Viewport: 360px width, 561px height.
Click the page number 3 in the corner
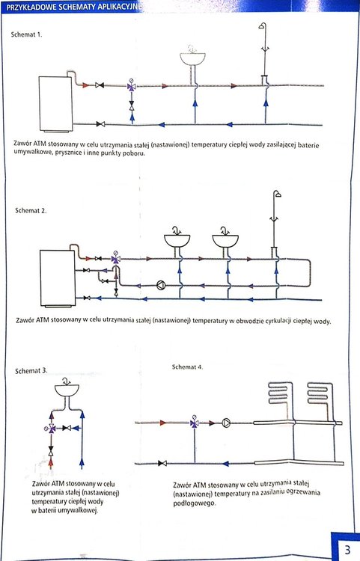coord(347,549)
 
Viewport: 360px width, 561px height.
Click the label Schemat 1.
coord(26,34)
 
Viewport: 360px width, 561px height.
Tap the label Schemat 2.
coord(31,210)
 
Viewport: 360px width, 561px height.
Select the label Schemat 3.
coord(31,371)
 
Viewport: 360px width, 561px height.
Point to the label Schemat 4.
coord(188,367)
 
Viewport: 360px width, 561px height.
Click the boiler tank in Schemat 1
coord(56,103)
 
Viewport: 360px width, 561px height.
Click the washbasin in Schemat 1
coord(192,58)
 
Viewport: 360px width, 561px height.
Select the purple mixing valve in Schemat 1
coord(131,86)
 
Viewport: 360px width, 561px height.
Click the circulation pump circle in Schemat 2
coord(162,285)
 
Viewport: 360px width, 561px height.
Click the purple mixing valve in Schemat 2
coord(115,259)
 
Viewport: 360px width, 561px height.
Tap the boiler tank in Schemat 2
coord(58,278)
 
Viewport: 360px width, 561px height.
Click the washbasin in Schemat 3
coord(67,390)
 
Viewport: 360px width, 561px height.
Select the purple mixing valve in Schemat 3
coord(52,428)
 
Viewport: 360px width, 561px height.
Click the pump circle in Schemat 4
coord(226,423)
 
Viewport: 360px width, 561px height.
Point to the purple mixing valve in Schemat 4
coord(195,423)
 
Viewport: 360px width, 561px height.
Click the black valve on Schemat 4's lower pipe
coord(162,463)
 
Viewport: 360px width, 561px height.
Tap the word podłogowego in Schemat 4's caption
coord(195,503)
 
